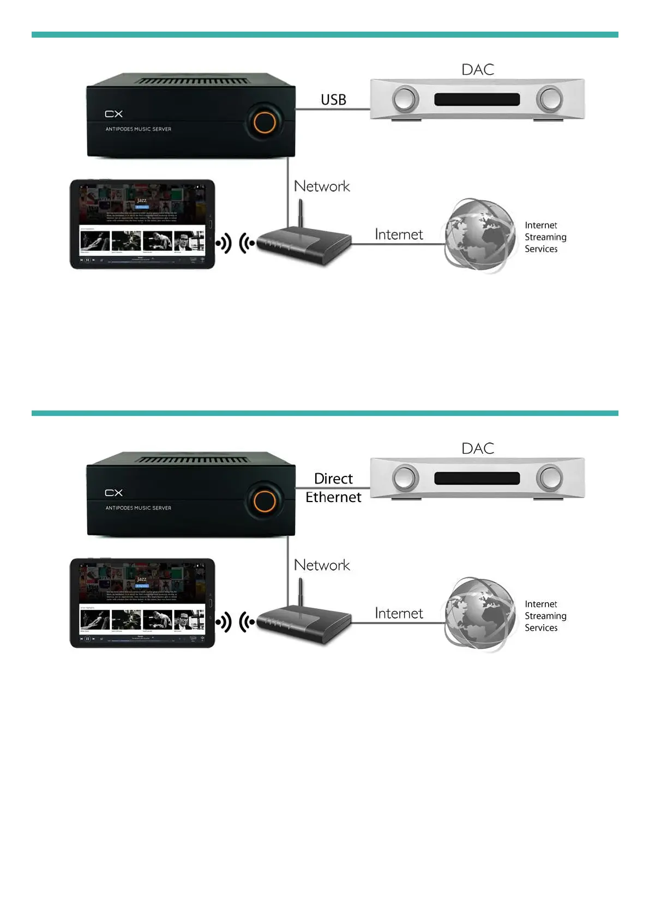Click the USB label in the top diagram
coord(333,100)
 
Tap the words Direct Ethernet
coord(333,488)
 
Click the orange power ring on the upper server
coord(265,122)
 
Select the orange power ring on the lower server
coord(265,501)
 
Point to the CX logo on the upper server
coord(114,114)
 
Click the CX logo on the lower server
coord(114,493)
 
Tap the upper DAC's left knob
coord(405,100)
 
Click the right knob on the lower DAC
coord(549,478)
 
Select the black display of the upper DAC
coord(477,100)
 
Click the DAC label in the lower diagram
coord(478,449)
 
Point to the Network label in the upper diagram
coord(322,186)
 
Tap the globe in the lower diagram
coord(479,614)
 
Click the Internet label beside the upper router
coord(399,234)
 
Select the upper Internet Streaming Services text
coord(545,237)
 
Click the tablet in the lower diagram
coord(142,603)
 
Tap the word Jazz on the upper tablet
coord(142,201)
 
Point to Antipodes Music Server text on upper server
coord(139,129)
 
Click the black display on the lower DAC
coord(477,479)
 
